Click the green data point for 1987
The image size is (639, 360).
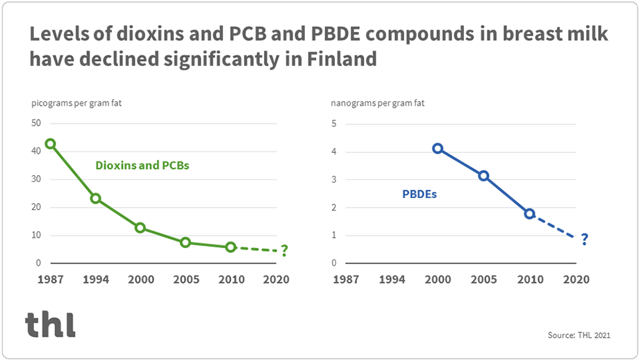tap(50, 144)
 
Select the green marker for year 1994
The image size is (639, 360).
tap(95, 198)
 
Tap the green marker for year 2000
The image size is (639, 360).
tap(140, 228)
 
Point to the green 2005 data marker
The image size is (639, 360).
tap(185, 243)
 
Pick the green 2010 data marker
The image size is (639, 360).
tap(231, 247)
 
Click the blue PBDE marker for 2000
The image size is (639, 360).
tap(438, 148)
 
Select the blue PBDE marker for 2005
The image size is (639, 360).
tap(483, 176)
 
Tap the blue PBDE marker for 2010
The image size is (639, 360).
tap(529, 213)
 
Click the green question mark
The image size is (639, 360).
tap(284, 251)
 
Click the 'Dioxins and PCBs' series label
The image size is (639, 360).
tap(142, 166)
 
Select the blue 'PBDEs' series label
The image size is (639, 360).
tap(420, 195)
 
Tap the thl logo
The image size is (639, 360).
tap(50, 324)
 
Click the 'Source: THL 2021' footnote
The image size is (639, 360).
tap(579, 336)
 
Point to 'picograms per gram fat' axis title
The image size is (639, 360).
tap(77, 104)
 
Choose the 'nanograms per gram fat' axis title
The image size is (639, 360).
tap(378, 104)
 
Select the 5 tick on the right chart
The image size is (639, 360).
tap(334, 124)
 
